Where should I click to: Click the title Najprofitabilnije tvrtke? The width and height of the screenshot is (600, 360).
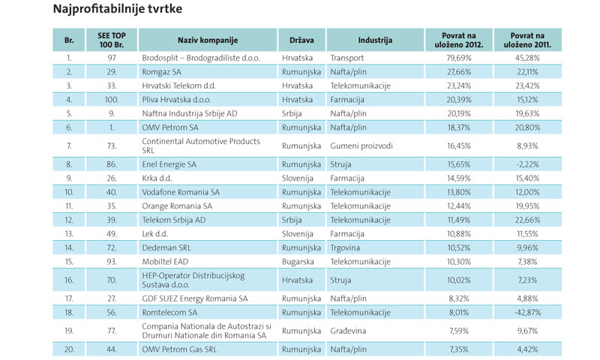coord(118,10)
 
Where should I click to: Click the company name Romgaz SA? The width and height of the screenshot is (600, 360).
coord(163,71)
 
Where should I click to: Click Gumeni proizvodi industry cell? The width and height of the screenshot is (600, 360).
coord(361,145)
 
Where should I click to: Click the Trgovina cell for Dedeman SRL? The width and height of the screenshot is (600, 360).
coord(347,247)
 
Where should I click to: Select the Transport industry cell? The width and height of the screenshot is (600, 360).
coord(349,57)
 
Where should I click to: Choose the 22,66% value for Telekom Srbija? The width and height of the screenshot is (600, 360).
coord(527,219)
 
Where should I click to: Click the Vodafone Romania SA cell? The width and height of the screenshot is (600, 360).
coord(181,192)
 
